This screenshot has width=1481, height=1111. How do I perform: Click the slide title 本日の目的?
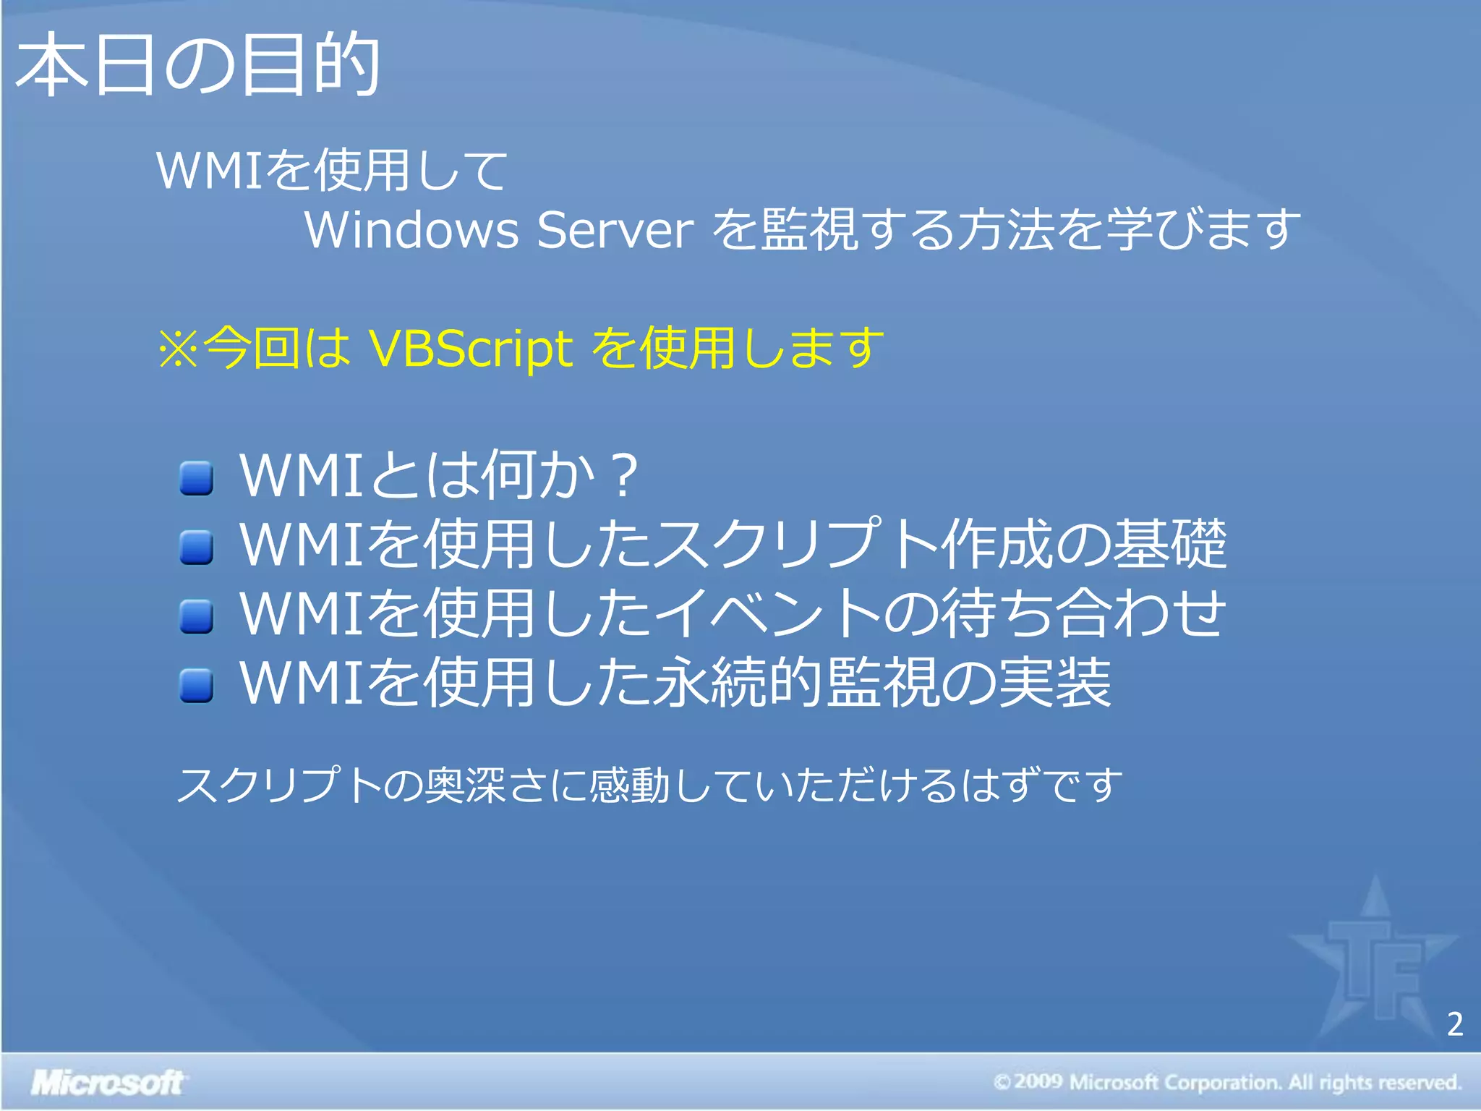197,65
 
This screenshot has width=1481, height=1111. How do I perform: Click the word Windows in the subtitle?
411,230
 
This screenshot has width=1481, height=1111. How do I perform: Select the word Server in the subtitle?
615,230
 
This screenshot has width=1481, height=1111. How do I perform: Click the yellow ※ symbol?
178,349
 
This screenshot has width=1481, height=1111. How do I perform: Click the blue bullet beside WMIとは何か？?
196,478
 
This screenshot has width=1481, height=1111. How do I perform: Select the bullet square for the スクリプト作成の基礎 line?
196,547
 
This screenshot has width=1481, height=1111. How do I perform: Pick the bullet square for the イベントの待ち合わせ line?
196,616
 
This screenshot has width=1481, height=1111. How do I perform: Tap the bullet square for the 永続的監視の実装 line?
196,685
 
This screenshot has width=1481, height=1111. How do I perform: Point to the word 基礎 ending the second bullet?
1169,543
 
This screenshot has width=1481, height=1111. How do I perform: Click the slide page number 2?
1455,1023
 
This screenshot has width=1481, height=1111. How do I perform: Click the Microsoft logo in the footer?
108,1083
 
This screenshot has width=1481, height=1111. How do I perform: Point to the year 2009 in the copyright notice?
1038,1082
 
